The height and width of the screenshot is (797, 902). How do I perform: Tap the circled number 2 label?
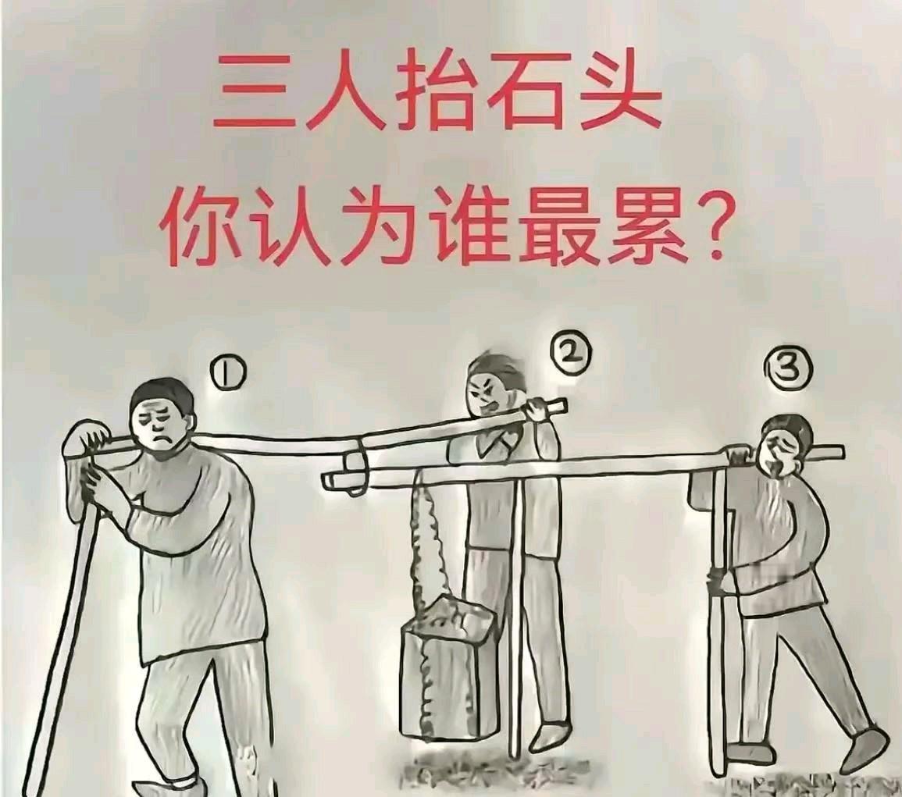click(x=571, y=355)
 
